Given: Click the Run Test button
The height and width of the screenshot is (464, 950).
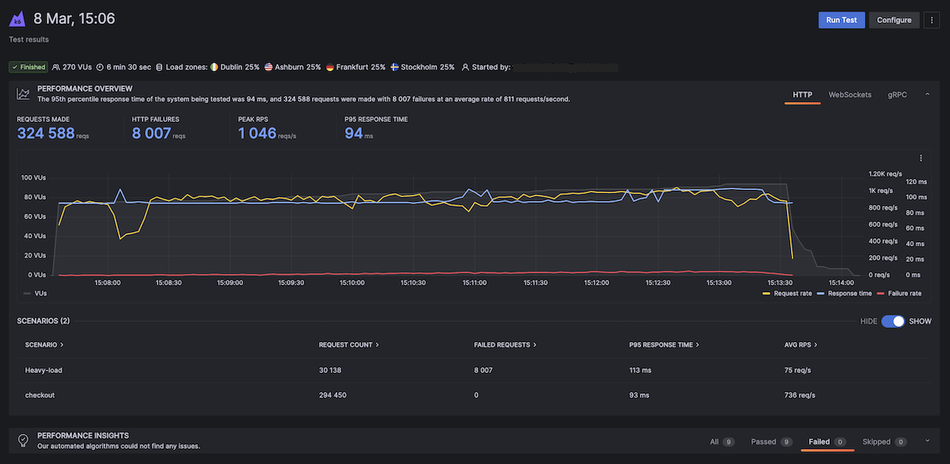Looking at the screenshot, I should coord(842,20).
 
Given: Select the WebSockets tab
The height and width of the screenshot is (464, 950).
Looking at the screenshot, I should coord(849,95).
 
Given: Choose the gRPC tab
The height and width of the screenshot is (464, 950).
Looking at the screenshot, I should coord(898,95).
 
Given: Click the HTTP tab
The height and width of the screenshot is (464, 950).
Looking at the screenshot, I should coord(803,95).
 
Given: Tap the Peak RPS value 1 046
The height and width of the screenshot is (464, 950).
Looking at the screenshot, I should coord(257,133).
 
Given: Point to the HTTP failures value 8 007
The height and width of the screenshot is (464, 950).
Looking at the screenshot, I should coord(151,133).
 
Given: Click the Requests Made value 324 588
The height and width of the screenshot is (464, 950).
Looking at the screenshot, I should coord(46,133).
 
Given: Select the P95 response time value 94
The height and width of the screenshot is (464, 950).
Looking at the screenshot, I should coord(353,133).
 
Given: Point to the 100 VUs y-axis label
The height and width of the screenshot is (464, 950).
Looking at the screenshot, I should coord(33,177).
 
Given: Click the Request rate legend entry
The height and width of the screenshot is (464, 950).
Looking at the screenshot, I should coord(787,293).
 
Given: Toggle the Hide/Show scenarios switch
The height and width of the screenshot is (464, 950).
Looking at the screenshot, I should coord(892,321).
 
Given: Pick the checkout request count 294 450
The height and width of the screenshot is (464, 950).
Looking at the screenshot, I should coord(332,394).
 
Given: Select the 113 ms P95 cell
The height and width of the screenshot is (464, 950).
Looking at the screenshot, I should coord(640,370).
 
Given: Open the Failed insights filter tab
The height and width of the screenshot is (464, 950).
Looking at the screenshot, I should coord(821,441).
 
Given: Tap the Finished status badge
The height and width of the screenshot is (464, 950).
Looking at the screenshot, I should coord(28,67).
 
